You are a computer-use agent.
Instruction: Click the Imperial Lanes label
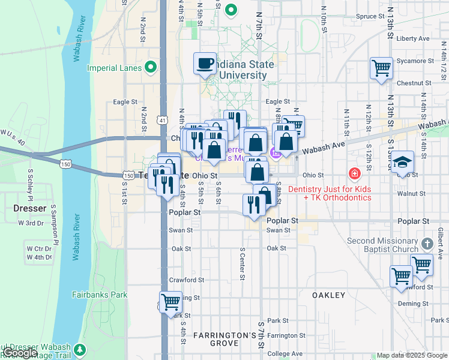pos(114,68)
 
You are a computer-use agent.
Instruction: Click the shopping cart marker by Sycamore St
pos(381,68)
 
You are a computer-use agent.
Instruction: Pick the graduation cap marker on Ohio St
pos(403,162)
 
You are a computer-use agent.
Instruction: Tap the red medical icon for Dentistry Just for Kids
pos(355,174)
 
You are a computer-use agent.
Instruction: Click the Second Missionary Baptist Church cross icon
pos(427,244)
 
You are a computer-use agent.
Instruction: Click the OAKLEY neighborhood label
pos(329,295)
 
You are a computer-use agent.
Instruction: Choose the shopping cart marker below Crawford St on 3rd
pos(170,301)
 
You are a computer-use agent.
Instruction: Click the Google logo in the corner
pos(19,353)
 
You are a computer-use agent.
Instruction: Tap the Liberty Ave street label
pos(413,38)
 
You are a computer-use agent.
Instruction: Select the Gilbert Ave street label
pos(440,242)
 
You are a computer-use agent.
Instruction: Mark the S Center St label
pos(243,263)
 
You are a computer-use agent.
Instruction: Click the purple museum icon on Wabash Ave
pos(276,152)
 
